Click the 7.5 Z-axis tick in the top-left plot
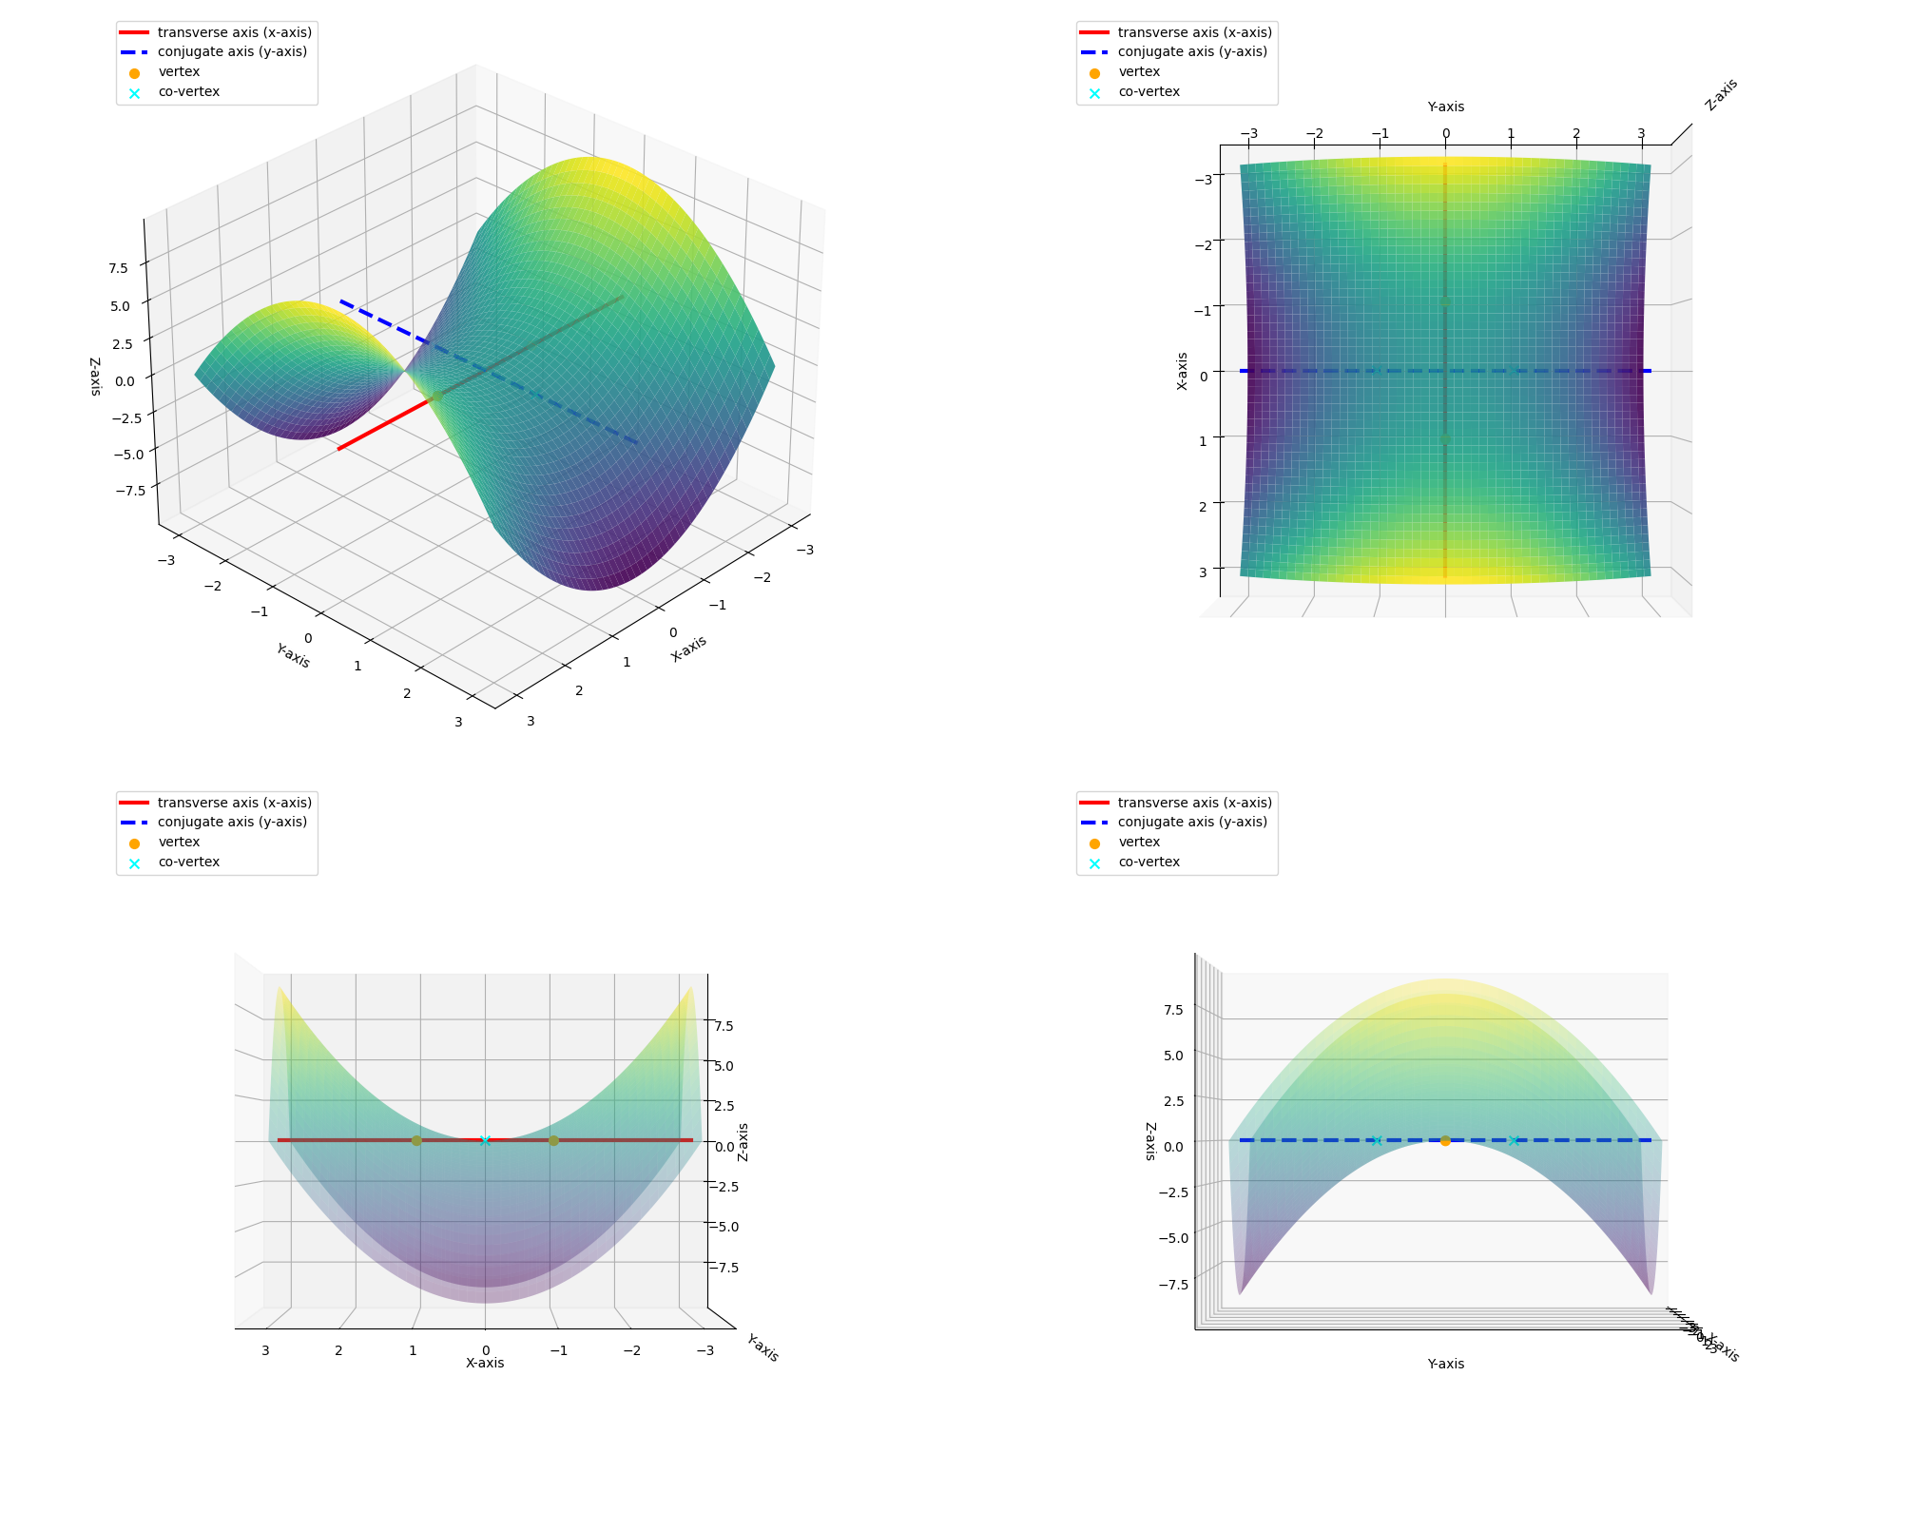tap(118, 268)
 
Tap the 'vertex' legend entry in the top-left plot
tap(179, 72)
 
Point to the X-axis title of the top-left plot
tap(688, 649)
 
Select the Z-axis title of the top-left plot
tap(95, 377)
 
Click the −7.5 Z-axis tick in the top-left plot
tap(130, 490)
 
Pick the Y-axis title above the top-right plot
tap(1445, 107)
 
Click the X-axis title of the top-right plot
tap(1182, 371)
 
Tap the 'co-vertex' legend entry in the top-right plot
tap(1149, 92)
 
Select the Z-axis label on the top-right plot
tap(1721, 95)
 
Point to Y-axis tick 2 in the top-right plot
tap(1576, 134)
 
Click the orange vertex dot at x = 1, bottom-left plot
tap(416, 1140)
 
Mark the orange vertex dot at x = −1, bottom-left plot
tap(553, 1140)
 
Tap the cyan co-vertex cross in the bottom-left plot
tap(485, 1140)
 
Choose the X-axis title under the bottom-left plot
tap(485, 1363)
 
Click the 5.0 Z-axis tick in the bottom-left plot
tap(724, 1066)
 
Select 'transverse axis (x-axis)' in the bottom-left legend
tap(234, 803)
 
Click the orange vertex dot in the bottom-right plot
tap(1445, 1140)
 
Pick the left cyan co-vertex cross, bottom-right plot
tap(1377, 1140)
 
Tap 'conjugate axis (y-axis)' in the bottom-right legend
tap(1192, 823)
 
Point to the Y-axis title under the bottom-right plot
tap(1445, 1364)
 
